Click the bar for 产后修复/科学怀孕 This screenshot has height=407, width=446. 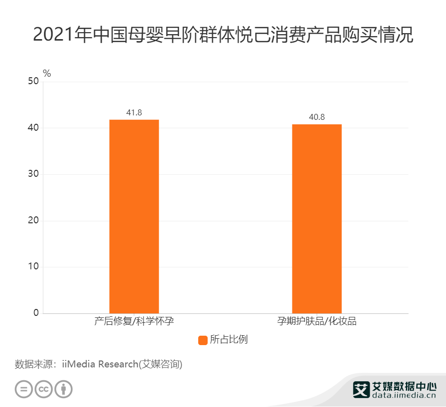(134, 216)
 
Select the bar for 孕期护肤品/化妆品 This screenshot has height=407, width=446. (317, 218)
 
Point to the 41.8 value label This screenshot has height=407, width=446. (134, 113)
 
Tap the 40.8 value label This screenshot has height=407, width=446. (317, 117)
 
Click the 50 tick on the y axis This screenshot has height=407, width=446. (33, 82)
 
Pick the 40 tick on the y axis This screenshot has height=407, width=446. (33, 128)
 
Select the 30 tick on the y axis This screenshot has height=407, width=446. (33, 174)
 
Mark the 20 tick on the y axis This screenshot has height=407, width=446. (33, 221)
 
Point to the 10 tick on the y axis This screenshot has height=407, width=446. (33, 267)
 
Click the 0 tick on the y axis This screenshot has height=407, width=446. (36, 313)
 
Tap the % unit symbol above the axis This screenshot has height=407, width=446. (47, 74)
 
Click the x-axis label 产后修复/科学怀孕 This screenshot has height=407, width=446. (134, 321)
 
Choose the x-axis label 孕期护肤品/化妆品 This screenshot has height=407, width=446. (317, 321)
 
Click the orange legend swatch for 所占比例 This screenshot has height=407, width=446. (203, 340)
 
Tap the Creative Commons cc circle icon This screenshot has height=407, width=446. (44, 389)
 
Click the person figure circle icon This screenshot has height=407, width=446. (63, 389)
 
